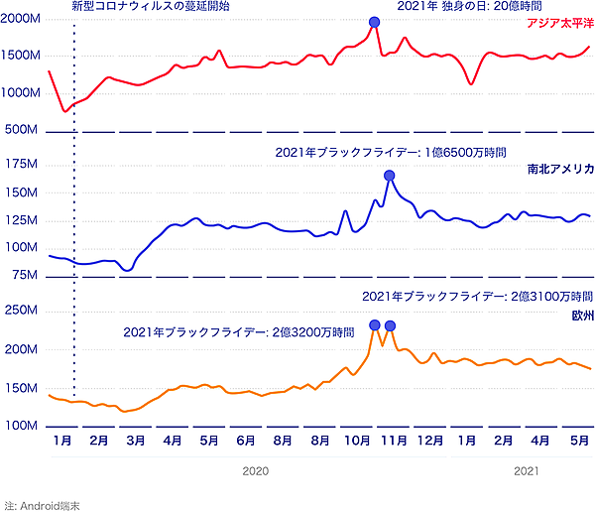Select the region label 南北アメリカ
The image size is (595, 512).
[x=560, y=170]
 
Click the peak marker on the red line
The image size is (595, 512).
[x=374, y=22]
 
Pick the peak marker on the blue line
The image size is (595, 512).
[x=390, y=175]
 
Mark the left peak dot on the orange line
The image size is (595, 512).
[x=374, y=324]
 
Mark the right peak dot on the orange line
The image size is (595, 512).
[x=390, y=325]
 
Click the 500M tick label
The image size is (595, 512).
[x=23, y=130]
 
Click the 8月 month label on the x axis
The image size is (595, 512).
[x=284, y=439]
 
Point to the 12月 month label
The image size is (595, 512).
[x=430, y=439]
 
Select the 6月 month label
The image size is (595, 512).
[x=247, y=439]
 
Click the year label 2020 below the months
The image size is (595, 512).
[x=256, y=472]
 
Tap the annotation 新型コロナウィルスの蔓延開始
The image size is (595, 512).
[x=150, y=6]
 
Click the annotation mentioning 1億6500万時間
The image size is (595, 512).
[x=391, y=153]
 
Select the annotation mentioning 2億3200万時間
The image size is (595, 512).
[x=239, y=331]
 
